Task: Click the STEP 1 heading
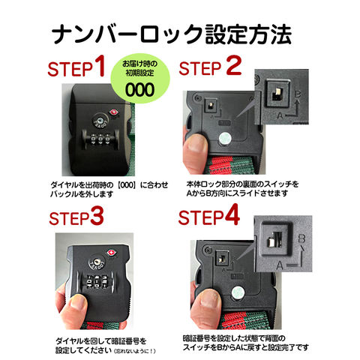pyautogui.click(x=76, y=67)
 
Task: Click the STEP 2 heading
pyautogui.click(x=210, y=66)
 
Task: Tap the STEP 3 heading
pyautogui.click(x=76, y=217)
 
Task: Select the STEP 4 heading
pyautogui.click(x=209, y=215)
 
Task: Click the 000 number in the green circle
pyautogui.click(x=139, y=89)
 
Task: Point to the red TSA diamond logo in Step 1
pyautogui.click(x=113, y=112)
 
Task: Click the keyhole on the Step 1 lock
pyautogui.click(x=100, y=120)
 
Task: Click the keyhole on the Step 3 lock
pyautogui.click(x=97, y=262)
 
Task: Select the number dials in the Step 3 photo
pyautogui.click(x=97, y=282)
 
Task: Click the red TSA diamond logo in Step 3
pyautogui.click(x=111, y=252)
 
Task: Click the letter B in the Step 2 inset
pyautogui.click(x=298, y=94)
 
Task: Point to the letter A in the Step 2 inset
pyautogui.click(x=280, y=115)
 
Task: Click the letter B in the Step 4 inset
pyautogui.click(x=301, y=238)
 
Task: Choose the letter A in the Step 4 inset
pyautogui.click(x=280, y=265)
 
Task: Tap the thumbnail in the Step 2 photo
pyautogui.click(x=197, y=145)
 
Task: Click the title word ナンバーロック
pyautogui.click(x=127, y=34)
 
